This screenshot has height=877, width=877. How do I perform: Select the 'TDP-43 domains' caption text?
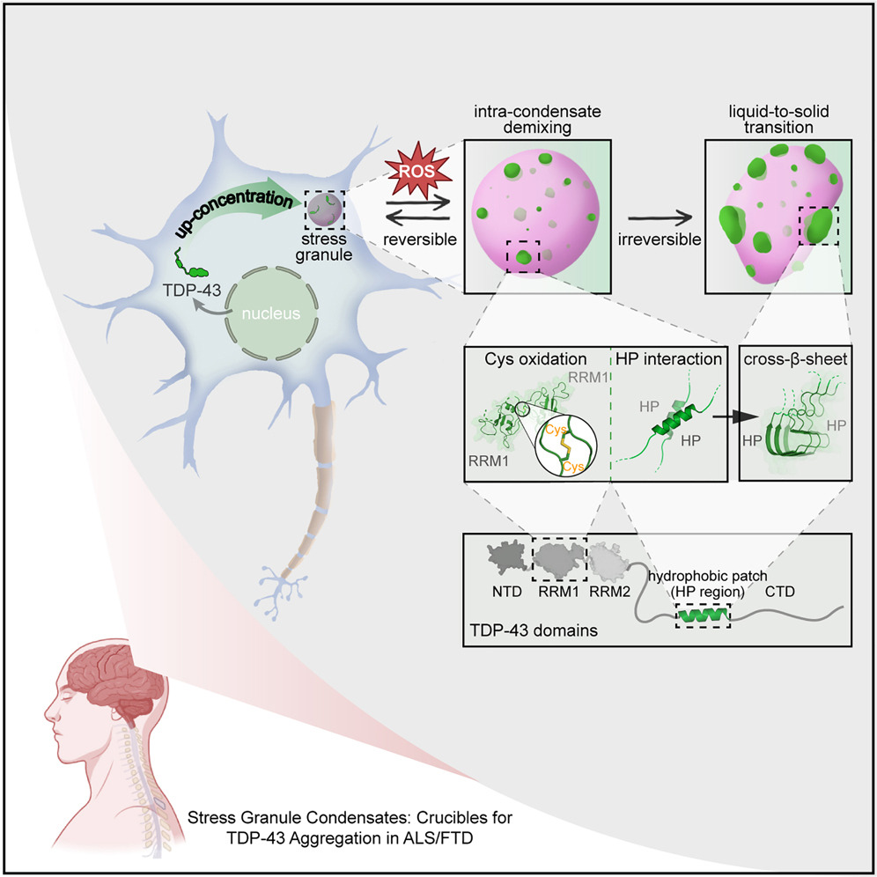[x=521, y=631]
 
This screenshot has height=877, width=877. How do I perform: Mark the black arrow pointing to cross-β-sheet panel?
[x=715, y=417]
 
